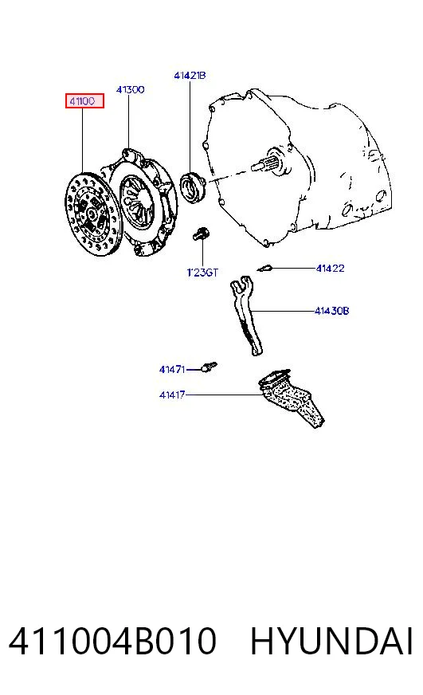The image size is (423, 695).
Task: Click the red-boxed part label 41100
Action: pos(84,101)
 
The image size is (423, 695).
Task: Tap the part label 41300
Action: pos(130,89)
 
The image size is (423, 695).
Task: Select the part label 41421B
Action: pos(190,76)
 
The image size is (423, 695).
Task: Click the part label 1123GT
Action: pos(202,272)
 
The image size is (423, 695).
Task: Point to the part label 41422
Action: pos(330,268)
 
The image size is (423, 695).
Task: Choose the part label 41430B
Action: pos(331,311)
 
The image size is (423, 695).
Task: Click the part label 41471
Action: pos(172,369)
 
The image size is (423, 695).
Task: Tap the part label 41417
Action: pos(172,395)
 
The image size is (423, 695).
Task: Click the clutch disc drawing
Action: pos(93,215)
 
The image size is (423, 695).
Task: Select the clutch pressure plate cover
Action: pos(141,203)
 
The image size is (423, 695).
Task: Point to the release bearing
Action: pos(193,188)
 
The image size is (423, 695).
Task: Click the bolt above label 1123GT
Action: pos(201,234)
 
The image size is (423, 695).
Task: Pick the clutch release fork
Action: pos(247,315)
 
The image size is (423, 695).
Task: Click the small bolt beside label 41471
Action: pos(210,367)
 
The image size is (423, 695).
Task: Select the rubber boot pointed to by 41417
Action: pos(291,397)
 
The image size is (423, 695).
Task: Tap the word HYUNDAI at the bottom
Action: pos(331,641)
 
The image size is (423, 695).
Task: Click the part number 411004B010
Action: pos(112,641)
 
